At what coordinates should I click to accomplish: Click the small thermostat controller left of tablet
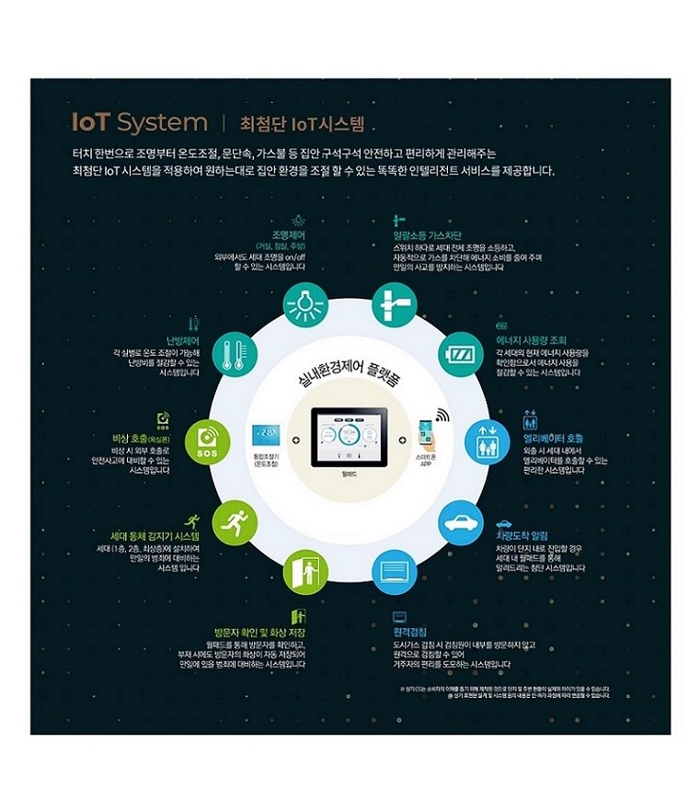coord(266,432)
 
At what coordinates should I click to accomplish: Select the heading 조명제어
coord(288,234)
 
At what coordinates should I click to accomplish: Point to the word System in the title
coord(163,122)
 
